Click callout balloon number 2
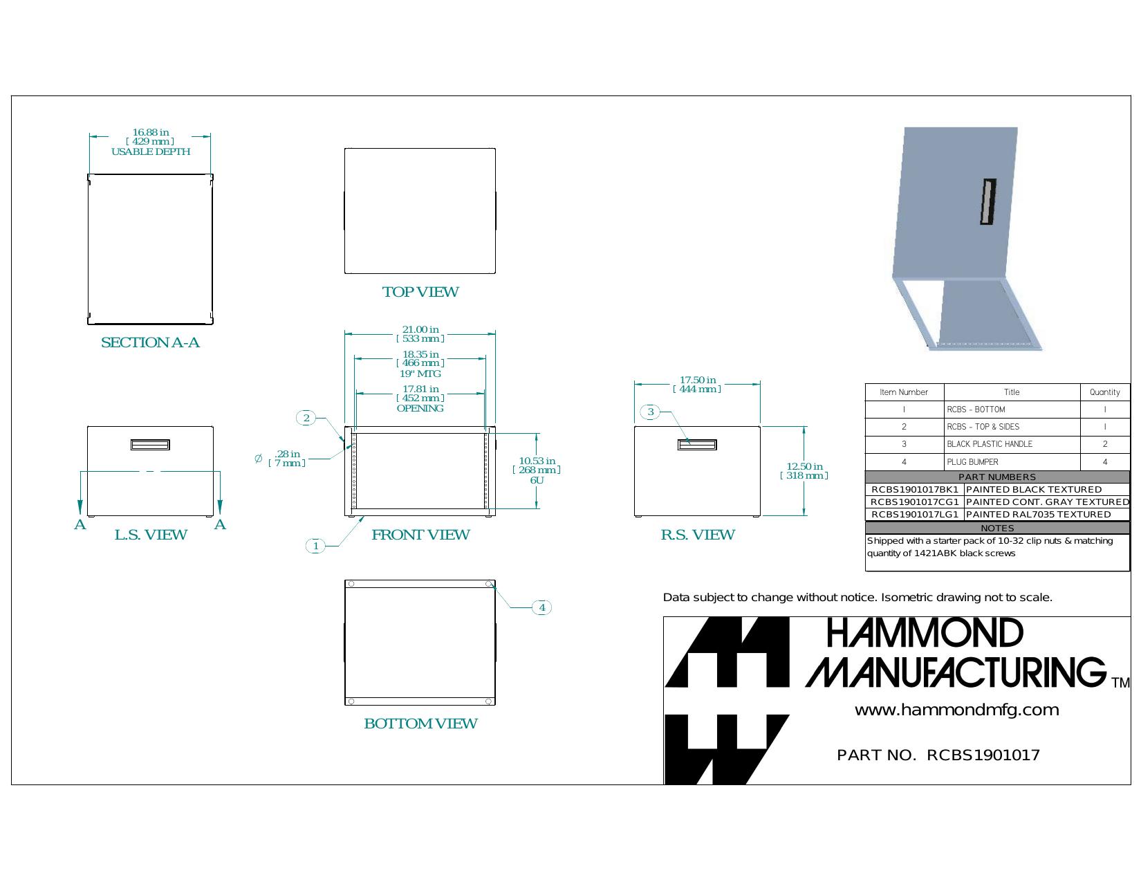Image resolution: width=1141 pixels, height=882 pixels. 306,418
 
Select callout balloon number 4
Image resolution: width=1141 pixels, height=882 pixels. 542,608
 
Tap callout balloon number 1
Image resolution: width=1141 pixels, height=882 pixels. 315,546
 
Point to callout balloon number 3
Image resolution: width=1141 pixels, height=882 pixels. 650,412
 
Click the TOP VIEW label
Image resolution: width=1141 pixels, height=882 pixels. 420,292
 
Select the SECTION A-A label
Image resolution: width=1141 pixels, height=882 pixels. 150,342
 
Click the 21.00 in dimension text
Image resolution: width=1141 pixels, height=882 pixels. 420,330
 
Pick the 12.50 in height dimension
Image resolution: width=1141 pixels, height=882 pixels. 804,470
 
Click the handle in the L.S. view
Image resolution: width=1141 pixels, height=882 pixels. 150,445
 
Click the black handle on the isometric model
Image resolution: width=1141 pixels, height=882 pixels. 988,202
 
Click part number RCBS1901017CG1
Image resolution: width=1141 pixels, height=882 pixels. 915,502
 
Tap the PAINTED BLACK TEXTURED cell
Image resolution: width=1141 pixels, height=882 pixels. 1033,490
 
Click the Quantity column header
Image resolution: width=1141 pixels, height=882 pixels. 1105,392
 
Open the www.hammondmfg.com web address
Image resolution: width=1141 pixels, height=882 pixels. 956,710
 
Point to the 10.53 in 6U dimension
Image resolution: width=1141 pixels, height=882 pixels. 537,470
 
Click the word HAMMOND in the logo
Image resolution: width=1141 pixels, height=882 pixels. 925,633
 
